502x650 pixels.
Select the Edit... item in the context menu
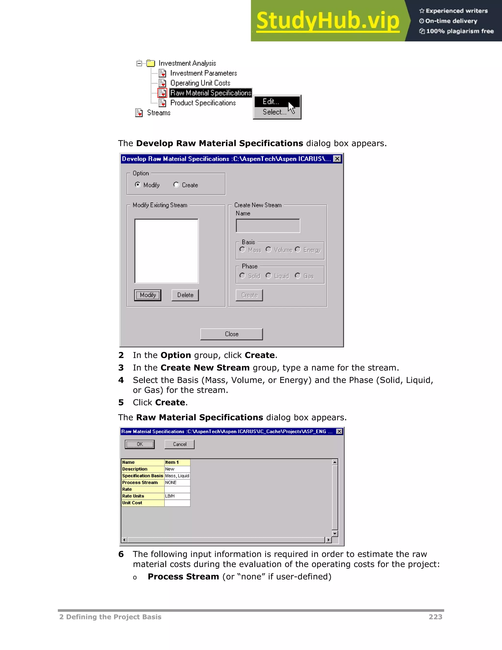(x=271, y=102)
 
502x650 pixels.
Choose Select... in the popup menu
(x=274, y=112)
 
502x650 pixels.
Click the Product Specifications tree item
(x=203, y=103)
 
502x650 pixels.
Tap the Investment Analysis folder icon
(x=151, y=63)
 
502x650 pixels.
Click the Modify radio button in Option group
(x=138, y=185)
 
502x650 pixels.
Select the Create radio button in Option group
(x=176, y=185)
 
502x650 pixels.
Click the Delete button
(x=185, y=295)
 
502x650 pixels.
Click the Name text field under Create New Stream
(x=268, y=226)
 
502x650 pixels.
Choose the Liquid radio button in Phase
(x=269, y=276)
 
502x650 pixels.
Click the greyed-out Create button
(x=249, y=295)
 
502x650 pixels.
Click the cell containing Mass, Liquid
(x=177, y=476)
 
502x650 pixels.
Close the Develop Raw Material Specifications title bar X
(x=337, y=159)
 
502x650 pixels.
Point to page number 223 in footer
(x=435, y=617)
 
